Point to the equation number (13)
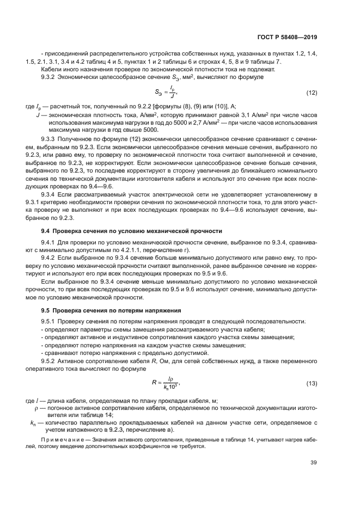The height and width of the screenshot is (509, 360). tap(311, 384)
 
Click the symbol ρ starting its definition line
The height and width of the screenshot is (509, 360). tap(36, 408)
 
